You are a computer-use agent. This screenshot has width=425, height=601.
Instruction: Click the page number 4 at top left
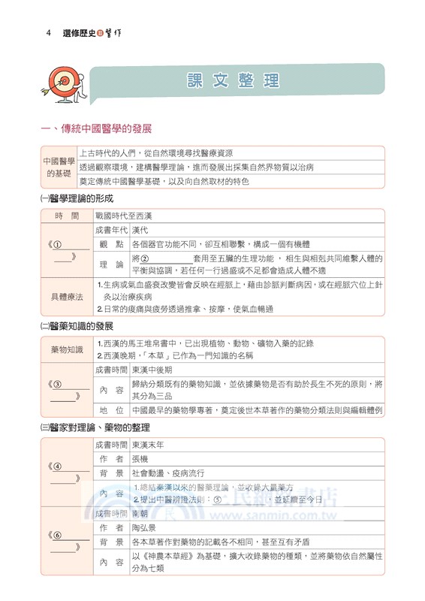point(48,34)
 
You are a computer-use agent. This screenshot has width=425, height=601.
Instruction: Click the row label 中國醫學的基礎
point(59,167)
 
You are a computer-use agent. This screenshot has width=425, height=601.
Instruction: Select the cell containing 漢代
point(140,230)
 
